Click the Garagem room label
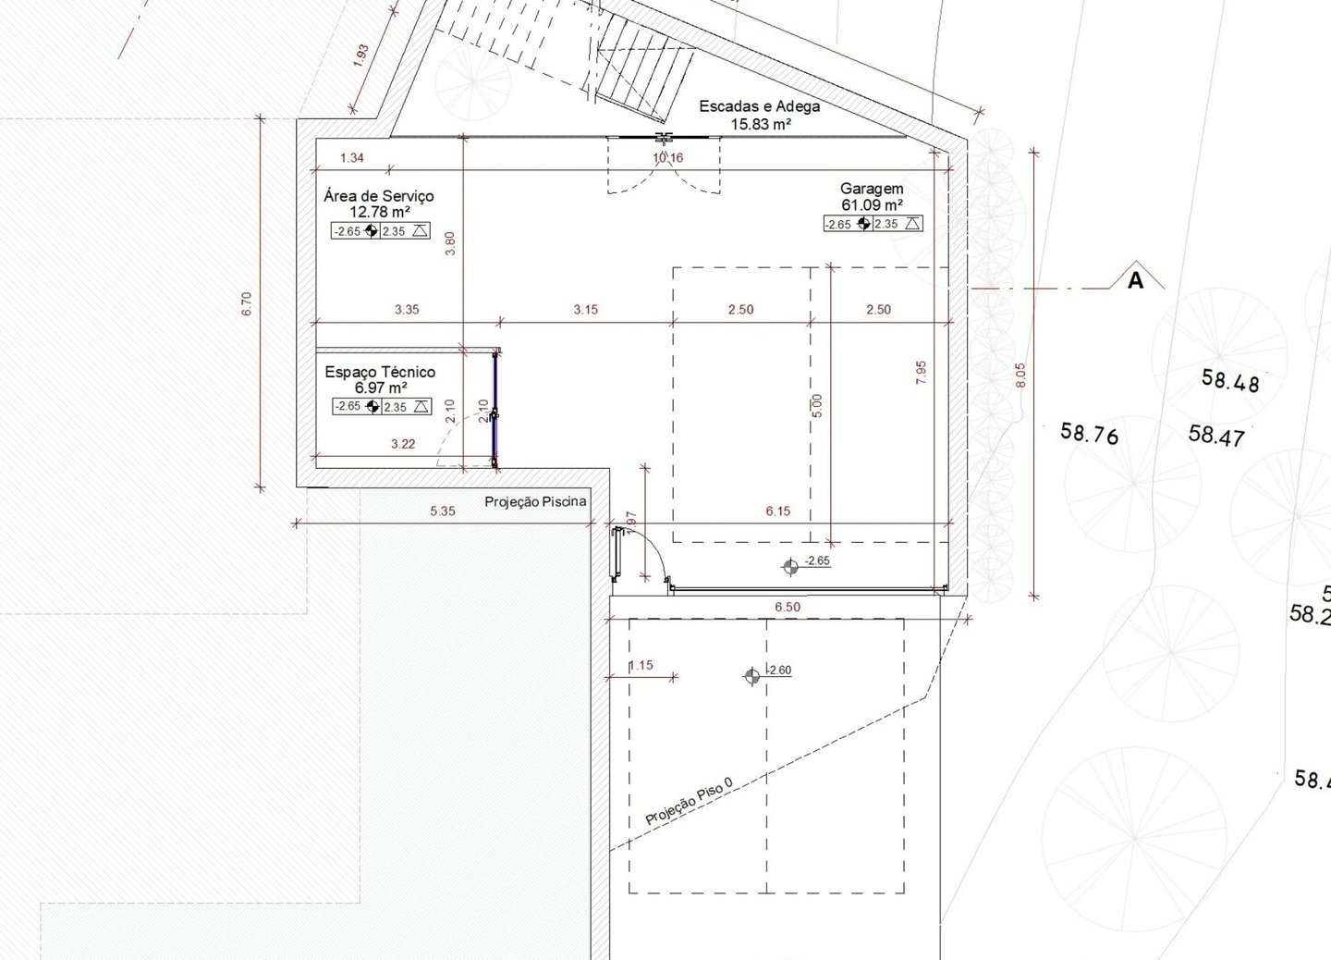871,189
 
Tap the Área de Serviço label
379,196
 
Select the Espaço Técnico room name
380,372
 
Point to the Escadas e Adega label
759,106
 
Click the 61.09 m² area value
871,205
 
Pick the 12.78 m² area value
379,212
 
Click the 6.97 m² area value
380,388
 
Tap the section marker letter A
1135,279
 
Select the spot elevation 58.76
1089,433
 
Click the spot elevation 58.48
1229,380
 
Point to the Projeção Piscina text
535,502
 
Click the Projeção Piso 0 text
689,801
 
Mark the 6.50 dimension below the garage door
787,608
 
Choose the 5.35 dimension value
443,511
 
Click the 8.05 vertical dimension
1020,375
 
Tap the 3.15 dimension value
585,310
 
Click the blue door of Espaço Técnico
495,409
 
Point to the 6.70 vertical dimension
247,304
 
